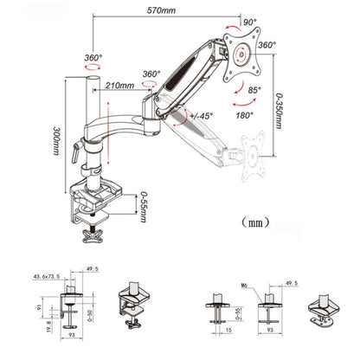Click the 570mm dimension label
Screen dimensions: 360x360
pyautogui.click(x=162, y=11)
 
